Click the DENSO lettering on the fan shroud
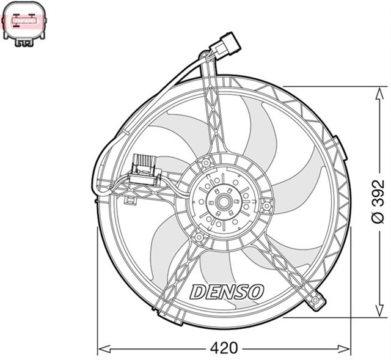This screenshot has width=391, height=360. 226,292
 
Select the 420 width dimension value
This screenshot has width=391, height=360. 225,348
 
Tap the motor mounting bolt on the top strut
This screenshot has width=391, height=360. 206,163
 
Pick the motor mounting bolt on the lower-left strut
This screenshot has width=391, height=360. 198,237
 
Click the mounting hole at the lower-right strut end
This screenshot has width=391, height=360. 315,301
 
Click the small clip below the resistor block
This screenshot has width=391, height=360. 130,200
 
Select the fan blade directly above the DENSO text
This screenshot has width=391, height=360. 220,263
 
